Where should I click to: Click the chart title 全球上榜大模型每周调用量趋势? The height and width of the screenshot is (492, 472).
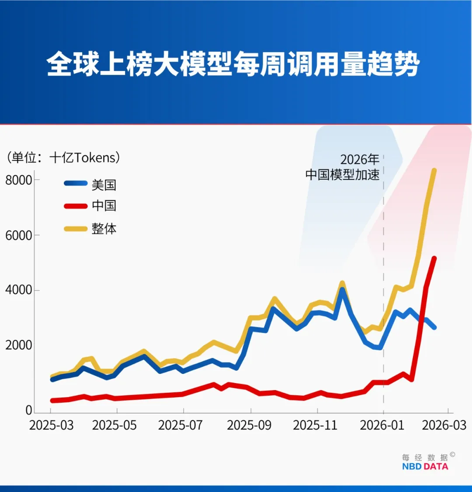point(233,64)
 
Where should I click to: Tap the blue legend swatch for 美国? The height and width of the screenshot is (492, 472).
point(76,184)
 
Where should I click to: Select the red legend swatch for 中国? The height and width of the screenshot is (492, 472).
point(76,206)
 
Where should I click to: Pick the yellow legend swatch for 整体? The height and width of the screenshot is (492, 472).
point(76,228)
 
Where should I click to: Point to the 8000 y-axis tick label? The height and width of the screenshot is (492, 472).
point(18,180)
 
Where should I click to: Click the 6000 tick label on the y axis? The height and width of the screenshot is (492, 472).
point(18,235)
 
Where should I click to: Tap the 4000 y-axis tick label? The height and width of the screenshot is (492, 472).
point(18,290)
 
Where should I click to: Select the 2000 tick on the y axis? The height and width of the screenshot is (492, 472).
point(18,345)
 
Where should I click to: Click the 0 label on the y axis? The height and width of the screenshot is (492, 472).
point(28,410)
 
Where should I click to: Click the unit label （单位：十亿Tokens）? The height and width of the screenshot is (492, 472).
point(63,157)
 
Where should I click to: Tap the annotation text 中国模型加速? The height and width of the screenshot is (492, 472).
point(342,174)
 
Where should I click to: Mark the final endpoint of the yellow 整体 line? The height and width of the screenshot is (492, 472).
point(434,170)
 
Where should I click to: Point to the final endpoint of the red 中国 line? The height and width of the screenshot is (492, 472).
point(434,258)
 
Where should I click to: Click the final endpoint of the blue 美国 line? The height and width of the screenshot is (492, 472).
point(434,327)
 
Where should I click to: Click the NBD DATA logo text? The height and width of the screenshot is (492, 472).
point(425,466)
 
